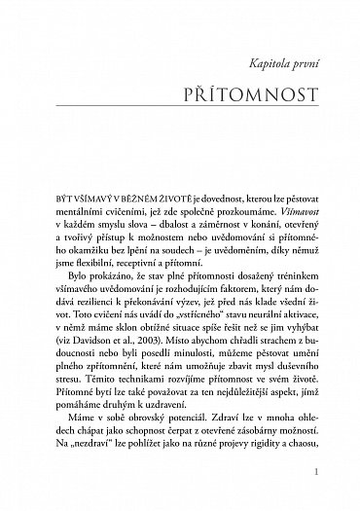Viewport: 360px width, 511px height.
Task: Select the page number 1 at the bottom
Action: [x=332, y=471]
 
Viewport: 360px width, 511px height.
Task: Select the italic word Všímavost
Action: [x=310, y=210]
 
